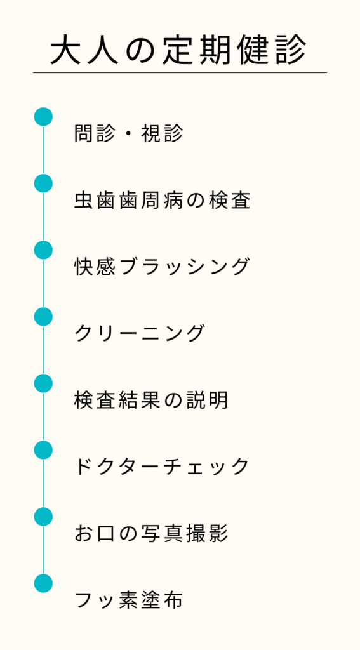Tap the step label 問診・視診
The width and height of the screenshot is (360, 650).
click(x=128, y=133)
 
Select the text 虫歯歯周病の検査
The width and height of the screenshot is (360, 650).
click(x=162, y=200)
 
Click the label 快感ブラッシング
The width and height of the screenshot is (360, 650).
click(x=162, y=267)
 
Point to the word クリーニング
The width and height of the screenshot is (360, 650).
click(x=140, y=333)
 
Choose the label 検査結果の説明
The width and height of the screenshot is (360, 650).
click(x=151, y=400)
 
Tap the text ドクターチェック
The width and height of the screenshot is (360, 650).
click(x=162, y=467)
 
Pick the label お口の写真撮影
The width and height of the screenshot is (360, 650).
click(x=151, y=533)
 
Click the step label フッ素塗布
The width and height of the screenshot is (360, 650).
click(x=128, y=600)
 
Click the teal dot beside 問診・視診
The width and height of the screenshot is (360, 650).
click(x=43, y=117)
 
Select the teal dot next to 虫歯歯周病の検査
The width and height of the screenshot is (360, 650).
click(x=43, y=183)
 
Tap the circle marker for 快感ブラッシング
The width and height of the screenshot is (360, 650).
click(x=43, y=250)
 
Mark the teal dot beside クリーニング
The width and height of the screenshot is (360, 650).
click(x=43, y=317)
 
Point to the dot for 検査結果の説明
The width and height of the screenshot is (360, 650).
click(x=43, y=383)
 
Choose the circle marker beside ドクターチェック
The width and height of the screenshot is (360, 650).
click(x=43, y=450)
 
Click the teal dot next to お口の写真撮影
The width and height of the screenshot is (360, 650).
click(x=43, y=517)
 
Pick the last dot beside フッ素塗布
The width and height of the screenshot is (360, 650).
click(x=43, y=583)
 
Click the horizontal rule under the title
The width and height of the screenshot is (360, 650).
click(x=180, y=72)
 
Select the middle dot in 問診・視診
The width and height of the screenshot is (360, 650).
click(x=128, y=134)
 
